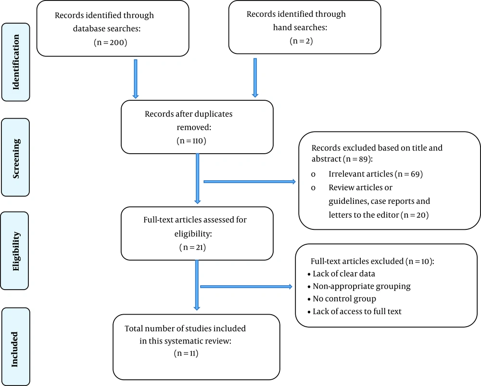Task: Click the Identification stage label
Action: [16, 62]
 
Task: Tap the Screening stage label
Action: [16, 158]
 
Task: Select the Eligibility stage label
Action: [16, 251]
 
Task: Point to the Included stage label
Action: [14, 349]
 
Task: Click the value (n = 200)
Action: [111, 42]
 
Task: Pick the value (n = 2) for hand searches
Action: [301, 41]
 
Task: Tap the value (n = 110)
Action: [191, 141]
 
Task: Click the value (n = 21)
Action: [193, 247]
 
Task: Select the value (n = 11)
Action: [186, 353]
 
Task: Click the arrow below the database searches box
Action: [136, 79]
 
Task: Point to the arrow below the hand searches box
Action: [255, 78]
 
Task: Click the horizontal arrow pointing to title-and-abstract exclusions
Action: [250, 182]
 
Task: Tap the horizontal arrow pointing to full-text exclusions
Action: [246, 287]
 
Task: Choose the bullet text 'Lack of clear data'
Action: [344, 274]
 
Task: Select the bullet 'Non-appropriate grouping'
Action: [362, 286]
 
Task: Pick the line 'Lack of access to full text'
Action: [357, 311]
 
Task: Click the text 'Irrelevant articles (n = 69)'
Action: [376, 174]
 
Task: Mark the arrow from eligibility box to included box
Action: [197, 285]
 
